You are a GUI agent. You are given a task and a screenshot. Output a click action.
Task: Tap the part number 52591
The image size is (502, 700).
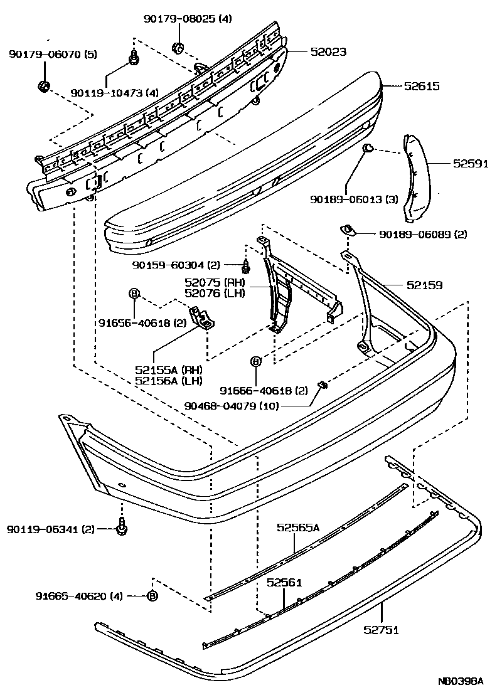tap(471, 164)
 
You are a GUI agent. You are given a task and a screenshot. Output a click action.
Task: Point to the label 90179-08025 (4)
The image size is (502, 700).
tap(186, 19)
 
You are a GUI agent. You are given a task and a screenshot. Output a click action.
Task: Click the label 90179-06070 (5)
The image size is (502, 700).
tap(53, 55)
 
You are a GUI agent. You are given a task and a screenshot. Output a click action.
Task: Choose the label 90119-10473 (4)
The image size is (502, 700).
tap(114, 93)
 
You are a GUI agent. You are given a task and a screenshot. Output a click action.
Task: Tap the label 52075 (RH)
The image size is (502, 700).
tap(215, 282)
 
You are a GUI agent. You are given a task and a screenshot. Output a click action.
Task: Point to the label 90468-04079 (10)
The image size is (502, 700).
tap(232, 405)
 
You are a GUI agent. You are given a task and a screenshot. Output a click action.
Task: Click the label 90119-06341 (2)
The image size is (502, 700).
tap(51, 529)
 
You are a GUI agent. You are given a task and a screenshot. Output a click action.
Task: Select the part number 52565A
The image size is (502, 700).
tap(298, 528)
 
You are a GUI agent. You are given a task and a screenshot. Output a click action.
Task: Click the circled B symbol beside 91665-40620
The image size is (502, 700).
tap(151, 596)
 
